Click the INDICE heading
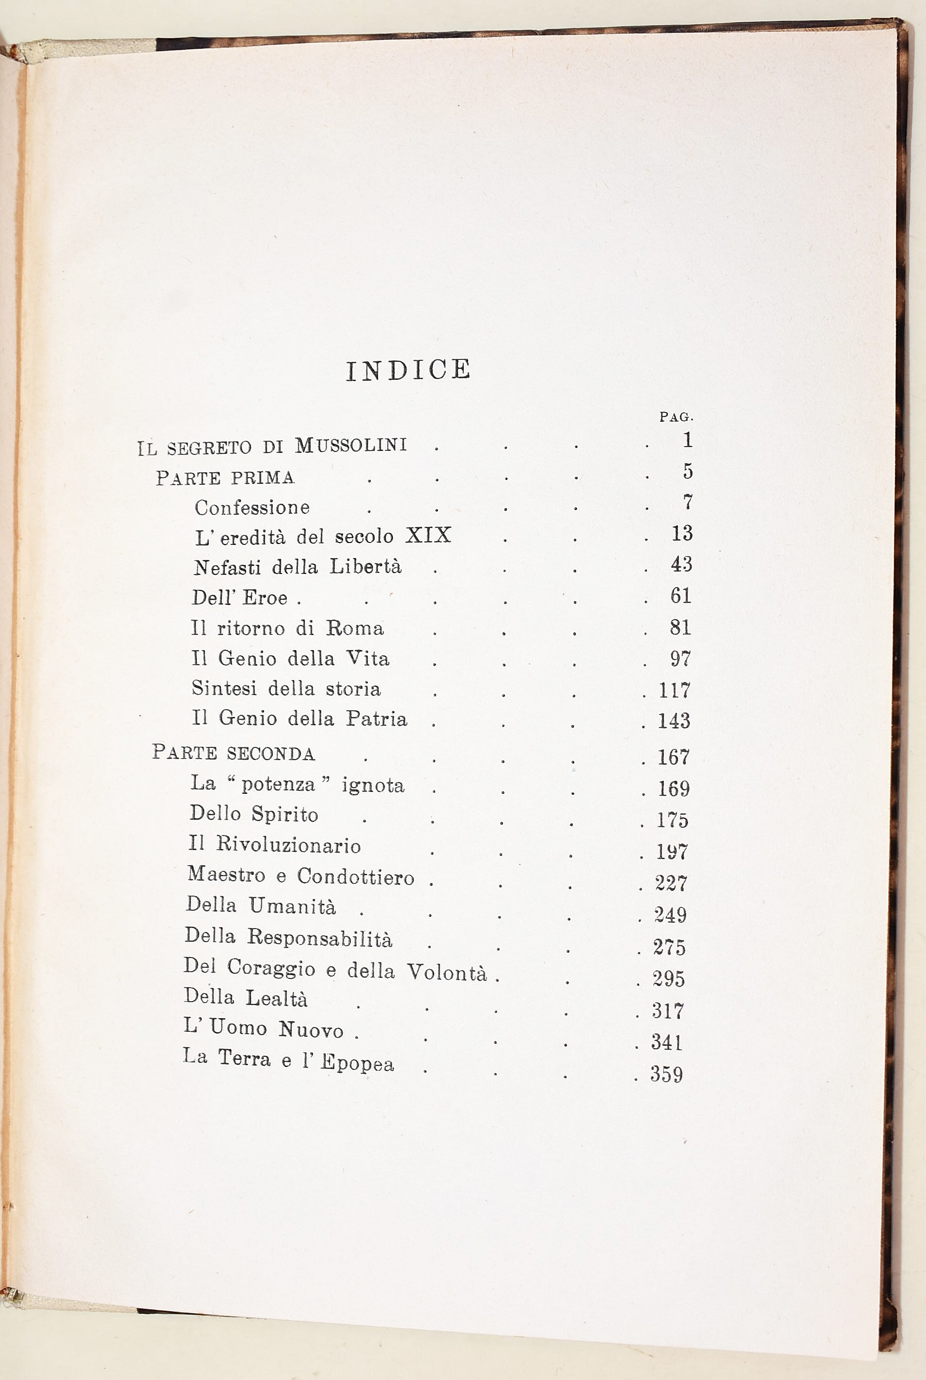[x=408, y=370]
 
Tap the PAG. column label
[x=676, y=417]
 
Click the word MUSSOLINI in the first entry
[x=351, y=445]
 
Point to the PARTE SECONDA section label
[x=234, y=753]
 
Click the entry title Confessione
[x=252, y=508]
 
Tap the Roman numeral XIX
[x=428, y=535]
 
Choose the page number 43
[x=681, y=564]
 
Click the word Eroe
[x=265, y=598]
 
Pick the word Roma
[x=355, y=628]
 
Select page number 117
[x=675, y=690]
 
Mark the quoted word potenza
[x=278, y=784]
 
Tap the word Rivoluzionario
[x=288, y=845]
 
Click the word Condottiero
[x=356, y=877]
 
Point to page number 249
[x=670, y=915]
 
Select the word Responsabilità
[x=319, y=938]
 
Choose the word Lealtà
[x=276, y=998]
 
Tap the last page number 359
[x=667, y=1074]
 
